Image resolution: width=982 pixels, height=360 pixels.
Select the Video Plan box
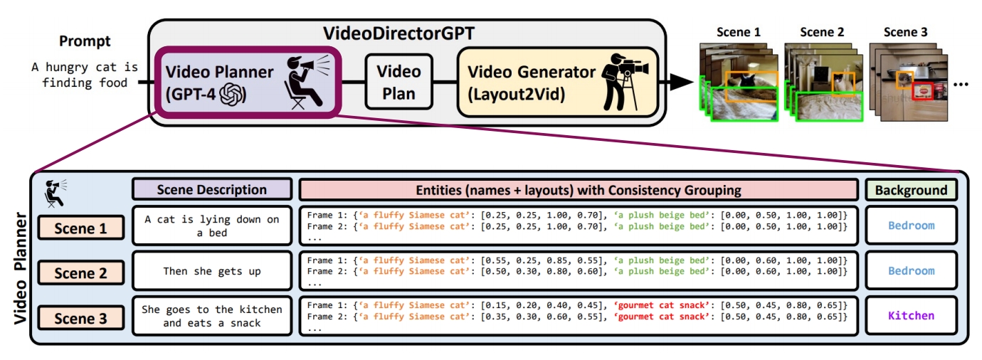click(x=398, y=83)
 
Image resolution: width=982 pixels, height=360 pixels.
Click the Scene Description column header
click(x=212, y=189)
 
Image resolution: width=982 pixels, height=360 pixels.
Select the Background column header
click(x=911, y=190)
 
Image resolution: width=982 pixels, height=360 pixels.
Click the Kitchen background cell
click(x=911, y=315)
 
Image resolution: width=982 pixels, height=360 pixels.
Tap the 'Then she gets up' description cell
click(x=212, y=271)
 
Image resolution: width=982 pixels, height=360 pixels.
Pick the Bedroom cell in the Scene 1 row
click(x=911, y=226)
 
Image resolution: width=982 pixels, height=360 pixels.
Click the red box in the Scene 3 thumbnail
click(x=923, y=92)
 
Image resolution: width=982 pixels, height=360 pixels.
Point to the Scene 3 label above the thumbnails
click(x=905, y=32)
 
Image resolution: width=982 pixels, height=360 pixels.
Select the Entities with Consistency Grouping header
click(x=579, y=190)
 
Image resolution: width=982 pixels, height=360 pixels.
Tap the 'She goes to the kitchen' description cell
click(x=212, y=316)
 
